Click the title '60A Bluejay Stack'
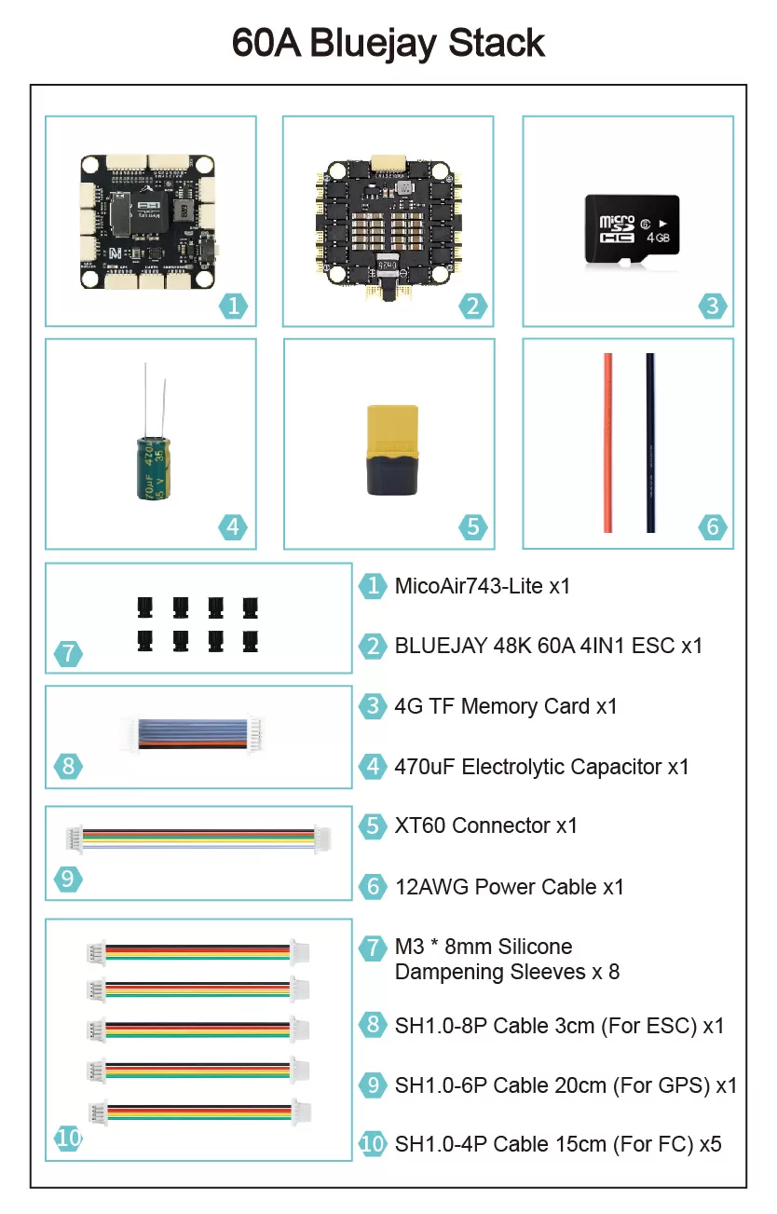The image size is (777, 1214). pos(388,43)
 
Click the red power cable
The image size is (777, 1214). pos(607,442)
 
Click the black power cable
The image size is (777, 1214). pos(650,442)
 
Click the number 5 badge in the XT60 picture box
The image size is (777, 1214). pos(473,526)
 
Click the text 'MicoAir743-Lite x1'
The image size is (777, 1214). pos(482,586)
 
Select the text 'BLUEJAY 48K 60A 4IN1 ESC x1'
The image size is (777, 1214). pos(548,646)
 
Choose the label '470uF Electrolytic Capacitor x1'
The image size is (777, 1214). pos(541,767)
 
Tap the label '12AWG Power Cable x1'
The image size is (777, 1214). pos(509,886)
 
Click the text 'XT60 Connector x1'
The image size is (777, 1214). pos(485,825)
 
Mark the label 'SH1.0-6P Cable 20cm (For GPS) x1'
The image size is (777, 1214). pos(566,1084)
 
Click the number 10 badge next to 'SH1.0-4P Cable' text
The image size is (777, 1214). pos(373,1143)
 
